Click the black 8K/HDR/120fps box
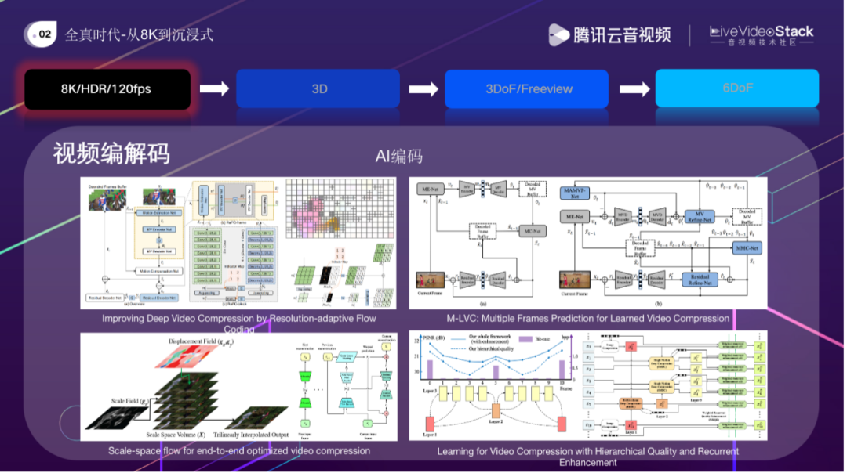pos(107,89)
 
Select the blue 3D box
pos(319,89)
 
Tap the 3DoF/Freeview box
pos(527,89)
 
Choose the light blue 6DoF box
pos(736,88)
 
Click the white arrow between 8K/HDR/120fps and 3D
pos(213,88)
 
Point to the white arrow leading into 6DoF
pos(632,88)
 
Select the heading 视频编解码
pos(111,153)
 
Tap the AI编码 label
pos(398,157)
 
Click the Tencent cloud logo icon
pos(558,34)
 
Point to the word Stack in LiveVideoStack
pos(789,32)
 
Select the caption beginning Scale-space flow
pos(239,450)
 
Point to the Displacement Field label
pos(205,341)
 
